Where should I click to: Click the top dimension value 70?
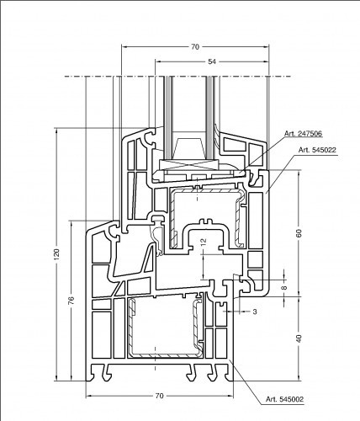(x=195, y=47)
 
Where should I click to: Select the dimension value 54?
(x=212, y=61)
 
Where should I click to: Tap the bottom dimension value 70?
(x=159, y=396)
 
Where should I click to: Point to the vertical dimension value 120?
(x=57, y=254)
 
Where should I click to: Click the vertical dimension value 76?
(x=71, y=301)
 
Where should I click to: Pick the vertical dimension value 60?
(x=299, y=233)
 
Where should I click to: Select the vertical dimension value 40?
(x=299, y=338)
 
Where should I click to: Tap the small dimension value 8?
(x=284, y=288)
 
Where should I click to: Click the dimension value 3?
(x=255, y=312)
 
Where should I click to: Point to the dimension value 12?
(x=204, y=241)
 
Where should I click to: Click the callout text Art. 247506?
(x=304, y=134)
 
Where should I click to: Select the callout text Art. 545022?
(x=317, y=150)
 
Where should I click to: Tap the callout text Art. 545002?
(x=284, y=399)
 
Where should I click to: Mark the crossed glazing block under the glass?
(x=188, y=165)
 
